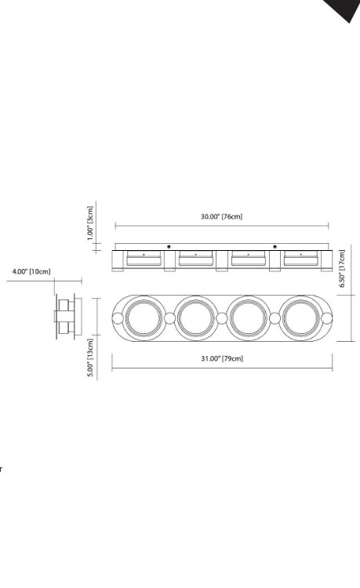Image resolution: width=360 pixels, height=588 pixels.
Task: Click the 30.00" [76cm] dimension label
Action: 221,216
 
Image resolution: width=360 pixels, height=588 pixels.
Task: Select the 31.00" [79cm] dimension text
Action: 221,358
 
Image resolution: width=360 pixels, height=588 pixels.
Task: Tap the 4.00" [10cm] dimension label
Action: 31,272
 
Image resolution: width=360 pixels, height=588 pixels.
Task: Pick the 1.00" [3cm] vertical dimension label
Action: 90,223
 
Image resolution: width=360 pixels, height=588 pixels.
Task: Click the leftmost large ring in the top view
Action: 143,318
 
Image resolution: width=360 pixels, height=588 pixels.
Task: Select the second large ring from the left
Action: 195,318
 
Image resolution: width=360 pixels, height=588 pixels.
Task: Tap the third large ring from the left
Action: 248,318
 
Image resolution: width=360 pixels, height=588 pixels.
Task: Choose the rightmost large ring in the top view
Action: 300,318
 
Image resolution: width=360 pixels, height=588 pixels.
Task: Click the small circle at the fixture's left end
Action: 118,318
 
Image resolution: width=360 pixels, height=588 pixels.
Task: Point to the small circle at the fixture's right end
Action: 325,318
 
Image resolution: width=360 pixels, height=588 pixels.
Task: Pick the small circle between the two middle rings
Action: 222,318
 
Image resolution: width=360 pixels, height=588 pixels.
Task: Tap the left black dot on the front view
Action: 169,247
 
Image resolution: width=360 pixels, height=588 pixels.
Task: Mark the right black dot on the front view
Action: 275,247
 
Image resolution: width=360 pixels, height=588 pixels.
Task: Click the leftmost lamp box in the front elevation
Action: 143,259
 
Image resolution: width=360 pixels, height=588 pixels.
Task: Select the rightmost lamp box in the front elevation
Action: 300,259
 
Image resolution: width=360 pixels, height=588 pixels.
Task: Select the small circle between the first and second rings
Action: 169,318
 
